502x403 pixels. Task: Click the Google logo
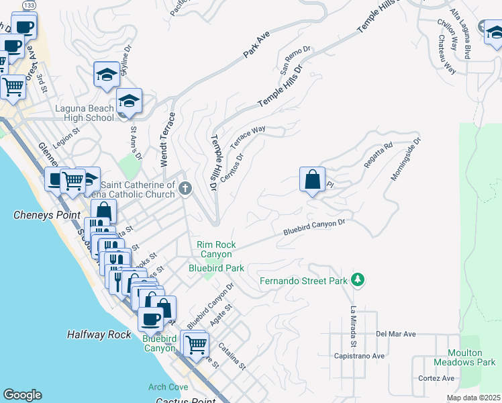(23, 395)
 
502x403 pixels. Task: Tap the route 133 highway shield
(29, 5)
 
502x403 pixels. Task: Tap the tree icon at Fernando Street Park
(358, 279)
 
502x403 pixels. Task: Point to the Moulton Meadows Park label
(475, 357)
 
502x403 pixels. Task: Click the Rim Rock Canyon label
(215, 249)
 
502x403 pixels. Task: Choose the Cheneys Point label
(41, 215)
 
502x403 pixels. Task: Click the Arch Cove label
(168, 388)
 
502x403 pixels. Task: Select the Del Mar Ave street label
(396, 333)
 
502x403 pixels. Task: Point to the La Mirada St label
(353, 322)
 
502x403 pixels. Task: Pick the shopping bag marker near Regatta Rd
(312, 179)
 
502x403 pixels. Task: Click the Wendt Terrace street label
(168, 139)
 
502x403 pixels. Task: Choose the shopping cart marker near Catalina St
(195, 345)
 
